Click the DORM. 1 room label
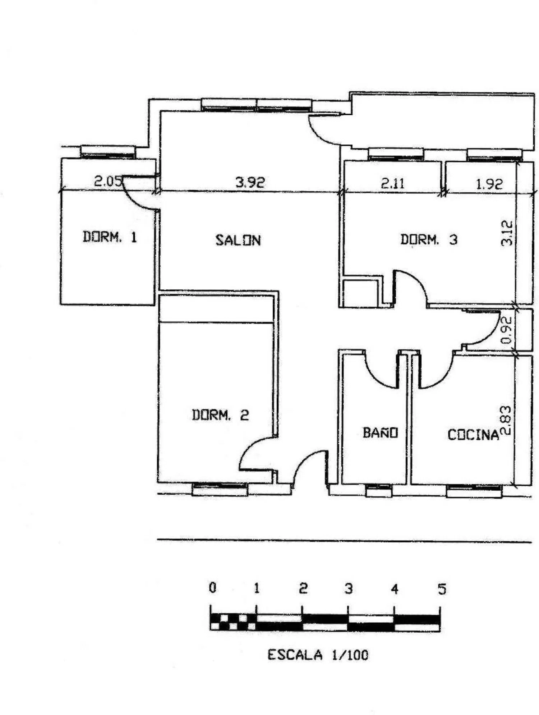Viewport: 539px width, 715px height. (x=110, y=237)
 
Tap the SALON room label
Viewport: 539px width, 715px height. (x=238, y=240)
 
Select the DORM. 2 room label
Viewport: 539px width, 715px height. (x=220, y=415)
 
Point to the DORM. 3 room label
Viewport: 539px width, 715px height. (x=429, y=239)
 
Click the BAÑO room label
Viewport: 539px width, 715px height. (x=380, y=432)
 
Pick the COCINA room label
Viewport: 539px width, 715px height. (x=473, y=435)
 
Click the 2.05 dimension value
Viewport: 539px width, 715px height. (x=108, y=181)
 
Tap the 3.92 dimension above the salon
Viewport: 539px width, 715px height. (x=250, y=182)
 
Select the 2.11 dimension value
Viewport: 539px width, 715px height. (x=393, y=184)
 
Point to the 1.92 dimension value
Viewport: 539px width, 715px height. (x=489, y=184)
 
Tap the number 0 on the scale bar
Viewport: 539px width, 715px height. (x=213, y=588)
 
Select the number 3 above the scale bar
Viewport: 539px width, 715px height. (x=349, y=589)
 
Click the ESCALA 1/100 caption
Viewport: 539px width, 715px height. (x=318, y=655)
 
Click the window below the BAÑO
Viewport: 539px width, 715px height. (x=379, y=490)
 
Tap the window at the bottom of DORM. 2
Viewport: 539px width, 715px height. (x=220, y=489)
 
